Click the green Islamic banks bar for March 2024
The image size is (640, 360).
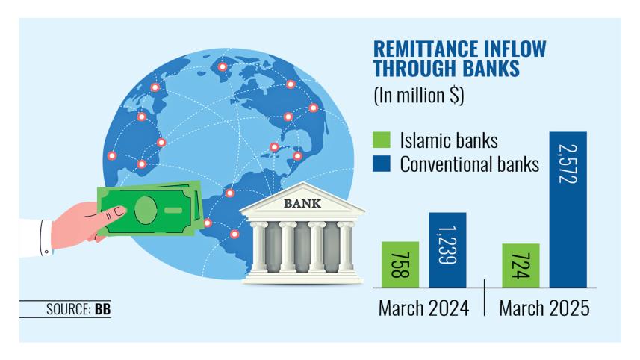tap(400, 264)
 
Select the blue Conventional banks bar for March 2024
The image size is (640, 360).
tap(447, 249)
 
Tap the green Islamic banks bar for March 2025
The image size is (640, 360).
tap(521, 266)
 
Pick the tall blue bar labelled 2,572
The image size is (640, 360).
tap(568, 210)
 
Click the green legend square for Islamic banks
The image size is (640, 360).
tap(382, 140)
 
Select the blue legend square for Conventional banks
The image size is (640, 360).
tap(382, 164)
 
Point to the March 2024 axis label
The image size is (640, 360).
tap(423, 308)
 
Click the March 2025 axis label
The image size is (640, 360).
tap(544, 308)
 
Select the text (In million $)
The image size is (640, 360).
tap(419, 96)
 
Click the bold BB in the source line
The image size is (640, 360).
tap(102, 309)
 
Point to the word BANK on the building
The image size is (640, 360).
tap(302, 203)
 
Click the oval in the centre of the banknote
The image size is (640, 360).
tap(146, 210)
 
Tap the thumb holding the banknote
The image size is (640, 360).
tap(114, 213)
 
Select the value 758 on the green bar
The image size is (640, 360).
tap(400, 265)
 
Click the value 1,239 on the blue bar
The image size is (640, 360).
tap(447, 245)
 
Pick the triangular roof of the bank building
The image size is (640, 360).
tap(302, 199)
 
